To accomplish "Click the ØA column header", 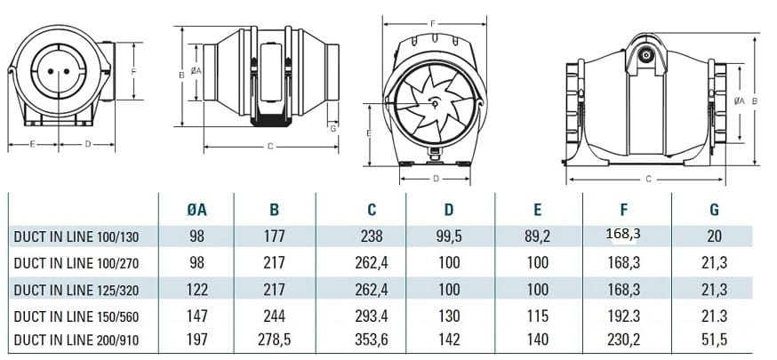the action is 196,210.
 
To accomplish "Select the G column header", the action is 714,210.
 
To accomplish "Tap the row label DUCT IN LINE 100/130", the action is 76,237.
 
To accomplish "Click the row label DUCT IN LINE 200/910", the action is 76,340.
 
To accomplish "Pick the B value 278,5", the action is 274,340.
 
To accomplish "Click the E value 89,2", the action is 538,236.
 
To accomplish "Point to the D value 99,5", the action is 449,236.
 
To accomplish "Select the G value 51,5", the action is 714,340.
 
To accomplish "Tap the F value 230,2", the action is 624,340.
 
